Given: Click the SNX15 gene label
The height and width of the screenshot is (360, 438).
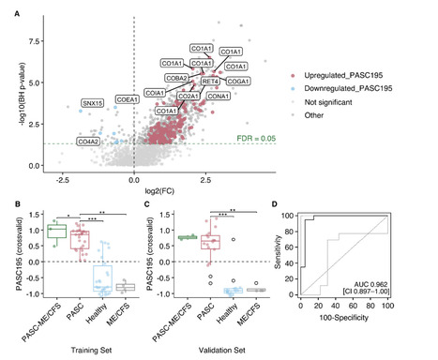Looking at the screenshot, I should pyautogui.click(x=92, y=103).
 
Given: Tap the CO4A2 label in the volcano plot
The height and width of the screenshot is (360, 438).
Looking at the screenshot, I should pyautogui.click(x=89, y=142).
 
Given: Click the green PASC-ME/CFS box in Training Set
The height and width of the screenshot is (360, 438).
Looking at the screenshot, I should pyautogui.click(x=57, y=231).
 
